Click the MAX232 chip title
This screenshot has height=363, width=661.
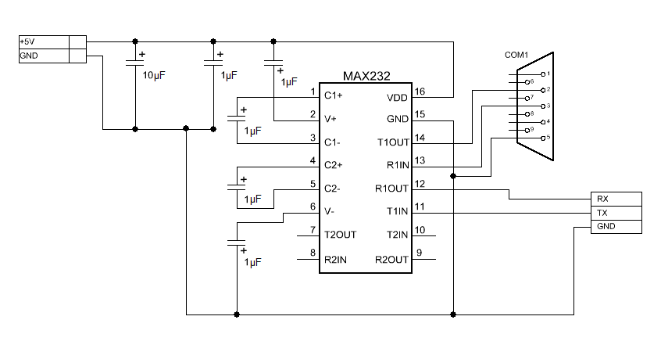(366, 77)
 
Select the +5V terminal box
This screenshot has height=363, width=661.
(43, 41)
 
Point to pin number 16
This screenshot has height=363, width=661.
(420, 92)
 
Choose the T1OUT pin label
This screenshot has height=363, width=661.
(392, 142)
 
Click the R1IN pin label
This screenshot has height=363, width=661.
(397, 165)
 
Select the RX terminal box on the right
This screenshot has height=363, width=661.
(615, 199)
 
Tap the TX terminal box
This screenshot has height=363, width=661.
(615, 213)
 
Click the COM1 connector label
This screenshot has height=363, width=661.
(516, 56)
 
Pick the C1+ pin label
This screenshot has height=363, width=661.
(334, 96)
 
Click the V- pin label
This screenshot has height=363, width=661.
(330, 211)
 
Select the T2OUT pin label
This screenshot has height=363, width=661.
(340, 235)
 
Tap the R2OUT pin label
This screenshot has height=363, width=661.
(391, 258)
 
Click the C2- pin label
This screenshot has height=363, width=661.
(333, 189)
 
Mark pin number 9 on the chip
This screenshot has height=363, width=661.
(420, 253)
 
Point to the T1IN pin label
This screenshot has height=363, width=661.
(398, 211)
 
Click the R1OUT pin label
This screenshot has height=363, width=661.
(392, 189)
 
